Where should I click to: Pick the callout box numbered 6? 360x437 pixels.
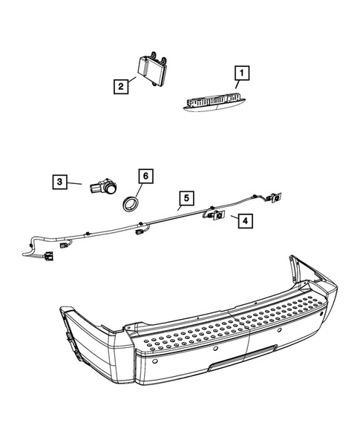[x=145, y=176]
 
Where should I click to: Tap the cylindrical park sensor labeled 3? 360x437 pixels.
[x=102, y=190]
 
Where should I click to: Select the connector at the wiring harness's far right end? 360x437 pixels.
[x=275, y=197]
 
